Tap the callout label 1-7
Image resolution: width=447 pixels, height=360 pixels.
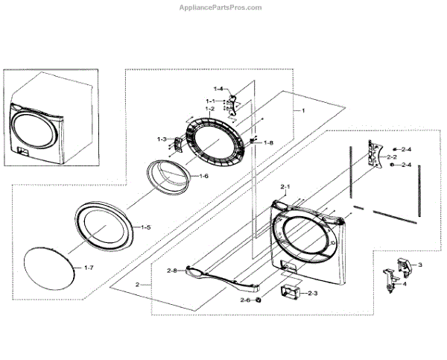(x=89, y=267)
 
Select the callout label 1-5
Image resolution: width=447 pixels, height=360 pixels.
(x=147, y=226)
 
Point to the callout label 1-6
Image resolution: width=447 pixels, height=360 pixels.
(x=203, y=176)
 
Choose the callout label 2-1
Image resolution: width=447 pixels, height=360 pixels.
(x=285, y=185)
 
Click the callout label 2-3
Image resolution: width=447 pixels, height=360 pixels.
(x=311, y=294)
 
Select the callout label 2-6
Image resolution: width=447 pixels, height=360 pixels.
(x=246, y=300)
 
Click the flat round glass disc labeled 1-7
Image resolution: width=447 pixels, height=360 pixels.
(x=51, y=268)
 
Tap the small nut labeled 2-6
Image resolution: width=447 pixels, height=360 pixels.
(x=257, y=300)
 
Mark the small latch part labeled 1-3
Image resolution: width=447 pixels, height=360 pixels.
(x=177, y=143)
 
